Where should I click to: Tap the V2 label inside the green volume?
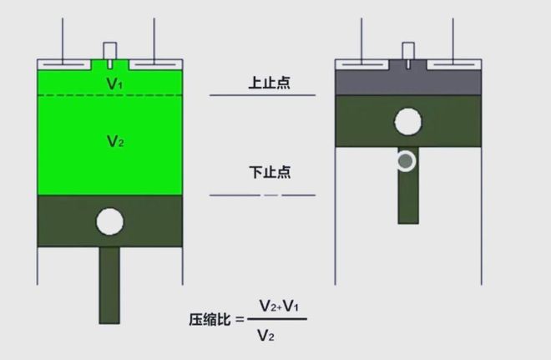(115, 141)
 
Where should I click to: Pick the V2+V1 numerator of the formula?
(278, 306)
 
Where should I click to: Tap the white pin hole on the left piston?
(109, 221)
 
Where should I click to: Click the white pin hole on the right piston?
(408, 122)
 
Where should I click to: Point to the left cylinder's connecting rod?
(109, 284)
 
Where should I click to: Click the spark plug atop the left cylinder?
(109, 52)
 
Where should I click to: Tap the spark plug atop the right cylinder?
(407, 52)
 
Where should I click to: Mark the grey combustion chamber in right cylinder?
(407, 82)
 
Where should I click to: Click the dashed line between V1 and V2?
(109, 96)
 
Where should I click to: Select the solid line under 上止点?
(262, 95)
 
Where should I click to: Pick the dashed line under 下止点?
(262, 195)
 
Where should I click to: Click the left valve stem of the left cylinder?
(63, 38)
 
